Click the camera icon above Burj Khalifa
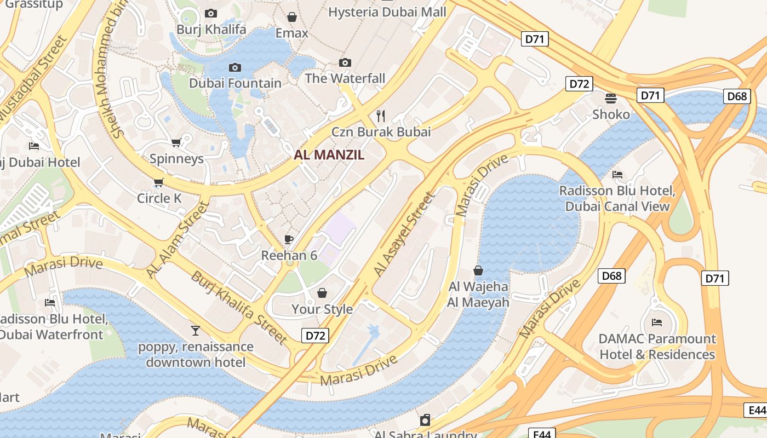click(x=211, y=13)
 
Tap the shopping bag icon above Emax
click(x=292, y=17)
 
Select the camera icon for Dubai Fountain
click(x=235, y=67)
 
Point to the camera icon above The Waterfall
click(x=345, y=62)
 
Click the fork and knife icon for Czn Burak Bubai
click(x=381, y=116)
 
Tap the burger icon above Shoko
click(x=611, y=98)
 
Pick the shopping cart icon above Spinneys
click(x=176, y=143)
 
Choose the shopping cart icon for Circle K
click(x=159, y=182)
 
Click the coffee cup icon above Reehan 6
click(x=289, y=239)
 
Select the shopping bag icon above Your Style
click(x=322, y=293)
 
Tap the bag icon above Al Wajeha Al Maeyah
click(x=478, y=270)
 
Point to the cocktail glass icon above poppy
click(x=196, y=330)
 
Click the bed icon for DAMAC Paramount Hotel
click(x=657, y=322)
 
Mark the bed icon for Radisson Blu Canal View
click(x=617, y=175)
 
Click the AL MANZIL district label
click(x=329, y=155)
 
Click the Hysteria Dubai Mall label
click(x=387, y=12)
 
